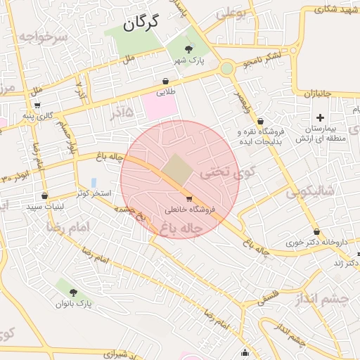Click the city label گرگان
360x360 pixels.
[141, 22]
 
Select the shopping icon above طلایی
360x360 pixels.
[165, 81]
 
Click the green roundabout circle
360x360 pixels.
[226, 68]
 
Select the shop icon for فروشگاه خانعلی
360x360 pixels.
[188, 199]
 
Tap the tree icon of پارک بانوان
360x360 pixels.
[73, 292]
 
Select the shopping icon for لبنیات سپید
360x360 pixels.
[45, 196]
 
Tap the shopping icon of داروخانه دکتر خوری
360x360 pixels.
[316, 232]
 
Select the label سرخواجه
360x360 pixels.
[43, 35]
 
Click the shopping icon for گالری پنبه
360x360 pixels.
[37, 105]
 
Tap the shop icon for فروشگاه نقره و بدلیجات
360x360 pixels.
[261, 122]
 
